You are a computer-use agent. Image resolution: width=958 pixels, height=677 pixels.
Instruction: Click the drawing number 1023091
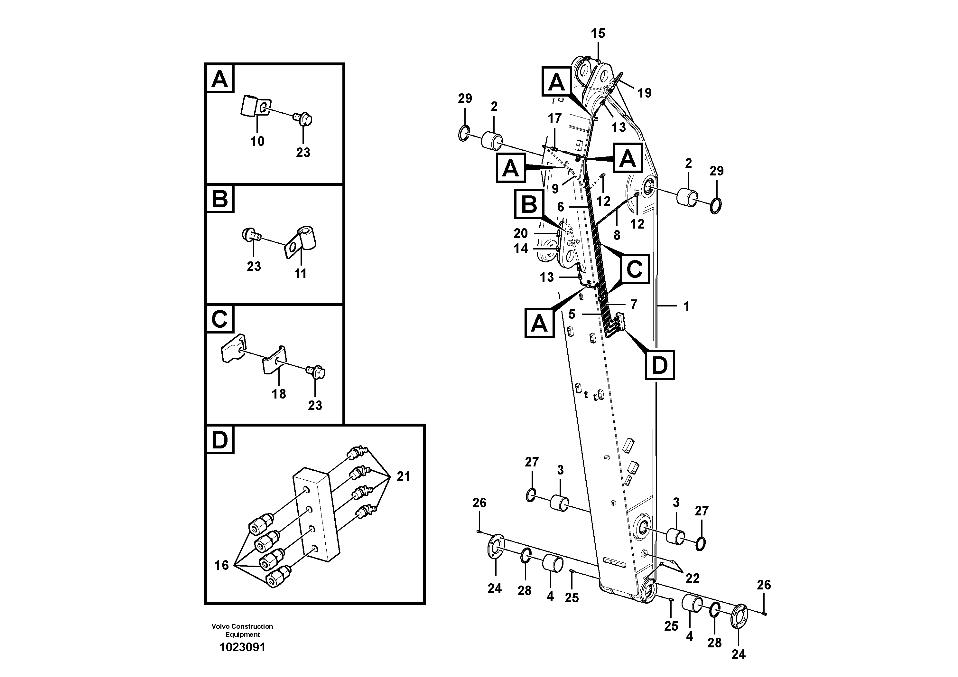click(x=242, y=647)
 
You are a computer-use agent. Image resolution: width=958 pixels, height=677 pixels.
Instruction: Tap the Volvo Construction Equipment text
click(x=242, y=630)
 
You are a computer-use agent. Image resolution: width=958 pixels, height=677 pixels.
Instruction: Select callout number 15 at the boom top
click(x=598, y=34)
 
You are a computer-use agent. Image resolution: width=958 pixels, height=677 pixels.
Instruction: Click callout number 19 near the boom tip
click(x=644, y=93)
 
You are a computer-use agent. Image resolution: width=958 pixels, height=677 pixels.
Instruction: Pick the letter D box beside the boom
click(x=660, y=365)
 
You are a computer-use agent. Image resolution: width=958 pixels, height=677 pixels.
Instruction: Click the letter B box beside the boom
click(x=529, y=204)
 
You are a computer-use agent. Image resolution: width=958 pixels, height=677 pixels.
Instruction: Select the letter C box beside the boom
click(x=634, y=269)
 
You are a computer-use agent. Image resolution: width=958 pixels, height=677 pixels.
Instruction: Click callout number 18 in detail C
click(x=279, y=394)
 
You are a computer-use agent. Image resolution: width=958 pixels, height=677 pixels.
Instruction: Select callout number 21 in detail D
click(x=403, y=476)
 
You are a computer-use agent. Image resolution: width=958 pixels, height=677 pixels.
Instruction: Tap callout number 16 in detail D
click(x=221, y=565)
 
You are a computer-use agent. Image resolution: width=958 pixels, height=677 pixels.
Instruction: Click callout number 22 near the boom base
click(x=692, y=578)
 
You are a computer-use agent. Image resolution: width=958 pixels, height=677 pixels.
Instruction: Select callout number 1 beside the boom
click(x=686, y=306)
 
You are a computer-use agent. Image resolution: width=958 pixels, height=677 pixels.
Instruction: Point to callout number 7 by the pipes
click(x=633, y=305)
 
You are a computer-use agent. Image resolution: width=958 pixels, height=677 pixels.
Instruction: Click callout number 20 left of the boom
click(x=520, y=233)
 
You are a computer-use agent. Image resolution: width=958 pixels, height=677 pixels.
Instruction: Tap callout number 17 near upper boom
click(x=554, y=118)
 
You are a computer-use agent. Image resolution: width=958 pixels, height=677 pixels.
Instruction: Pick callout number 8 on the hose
click(x=617, y=235)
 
